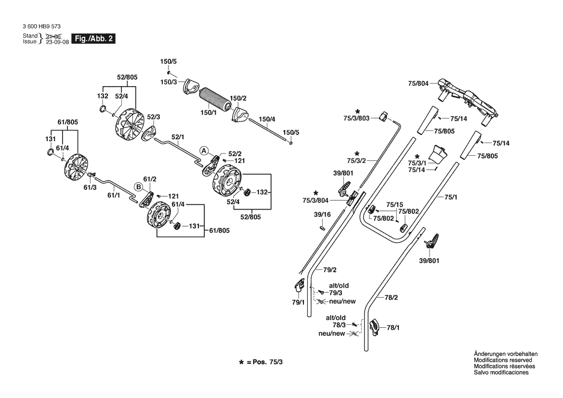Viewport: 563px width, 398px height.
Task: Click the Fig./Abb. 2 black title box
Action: pos(93,39)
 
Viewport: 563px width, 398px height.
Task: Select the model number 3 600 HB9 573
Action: pos(41,26)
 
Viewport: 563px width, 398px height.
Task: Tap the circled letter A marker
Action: pos(204,150)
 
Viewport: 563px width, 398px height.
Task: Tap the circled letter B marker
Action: pos(138,187)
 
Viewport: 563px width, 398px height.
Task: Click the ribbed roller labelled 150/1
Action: pos(214,99)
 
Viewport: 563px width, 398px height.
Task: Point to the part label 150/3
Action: pos(169,82)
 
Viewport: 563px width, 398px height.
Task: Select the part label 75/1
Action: pos(451,197)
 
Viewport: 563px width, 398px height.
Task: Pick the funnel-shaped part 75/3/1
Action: pos(439,153)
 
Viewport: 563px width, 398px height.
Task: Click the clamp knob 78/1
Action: pos(374,327)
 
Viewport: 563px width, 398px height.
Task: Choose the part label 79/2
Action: pos(329,270)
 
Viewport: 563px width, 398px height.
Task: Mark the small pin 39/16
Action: pos(322,227)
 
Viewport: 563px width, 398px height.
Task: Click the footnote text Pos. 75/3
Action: pos(267,362)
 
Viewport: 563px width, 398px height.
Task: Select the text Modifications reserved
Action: pos(503,360)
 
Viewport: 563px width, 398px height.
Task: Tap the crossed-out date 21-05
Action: pos(54,36)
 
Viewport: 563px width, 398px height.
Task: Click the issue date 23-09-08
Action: pos(57,41)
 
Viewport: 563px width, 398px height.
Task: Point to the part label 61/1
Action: pos(114,195)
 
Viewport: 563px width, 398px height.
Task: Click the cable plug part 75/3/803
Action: pos(383,116)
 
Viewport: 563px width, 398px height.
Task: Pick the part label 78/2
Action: pos(392,297)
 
